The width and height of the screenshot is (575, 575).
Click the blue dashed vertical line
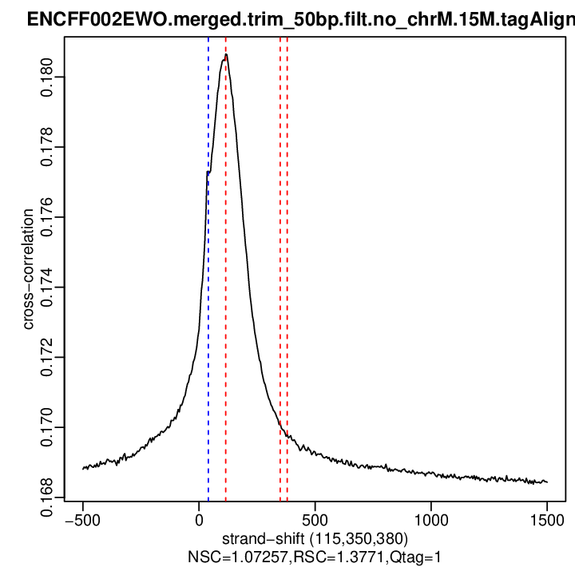[x=208, y=319]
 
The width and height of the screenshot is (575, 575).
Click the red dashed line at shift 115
[x=226, y=319]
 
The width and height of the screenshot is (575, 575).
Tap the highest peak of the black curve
[x=227, y=55]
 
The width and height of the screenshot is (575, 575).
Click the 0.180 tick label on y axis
[x=47, y=77]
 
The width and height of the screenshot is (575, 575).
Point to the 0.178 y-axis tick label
[x=47, y=147]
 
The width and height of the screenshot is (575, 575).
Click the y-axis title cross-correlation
[x=28, y=269]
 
